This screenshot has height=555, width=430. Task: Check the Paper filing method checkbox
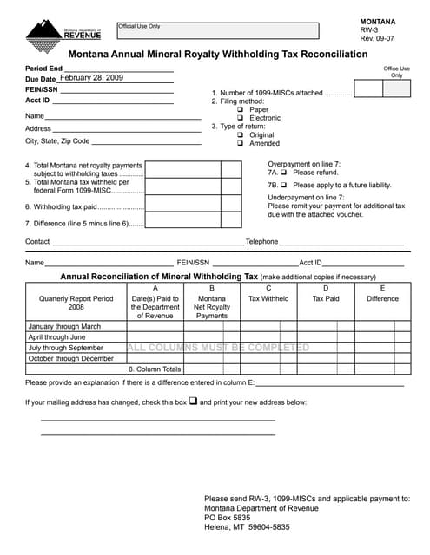point(241,110)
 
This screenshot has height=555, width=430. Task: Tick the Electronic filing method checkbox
point(241,118)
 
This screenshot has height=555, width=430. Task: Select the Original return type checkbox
point(241,135)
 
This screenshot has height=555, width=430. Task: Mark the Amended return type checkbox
point(241,144)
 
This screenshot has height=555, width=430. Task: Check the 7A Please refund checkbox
point(284,173)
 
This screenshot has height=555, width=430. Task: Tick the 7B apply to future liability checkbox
point(284,185)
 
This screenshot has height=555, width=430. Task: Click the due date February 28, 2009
point(91,78)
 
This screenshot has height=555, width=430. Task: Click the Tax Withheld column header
point(268,299)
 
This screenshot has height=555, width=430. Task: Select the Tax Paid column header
point(326,299)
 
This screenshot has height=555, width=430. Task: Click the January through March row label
point(65,326)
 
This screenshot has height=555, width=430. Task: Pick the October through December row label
point(71,358)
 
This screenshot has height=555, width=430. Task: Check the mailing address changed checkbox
point(194,402)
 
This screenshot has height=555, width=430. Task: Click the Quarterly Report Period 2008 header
point(76,303)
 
